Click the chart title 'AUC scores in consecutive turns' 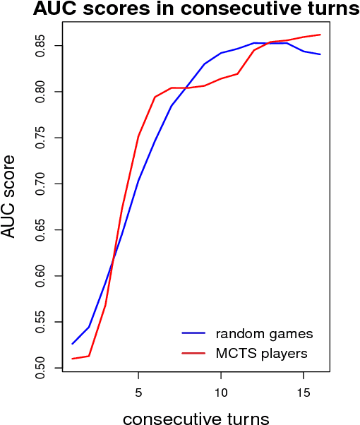pos(186,10)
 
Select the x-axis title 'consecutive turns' pos(196,419)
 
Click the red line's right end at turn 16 pos(320,35)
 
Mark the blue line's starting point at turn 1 pos(72,344)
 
